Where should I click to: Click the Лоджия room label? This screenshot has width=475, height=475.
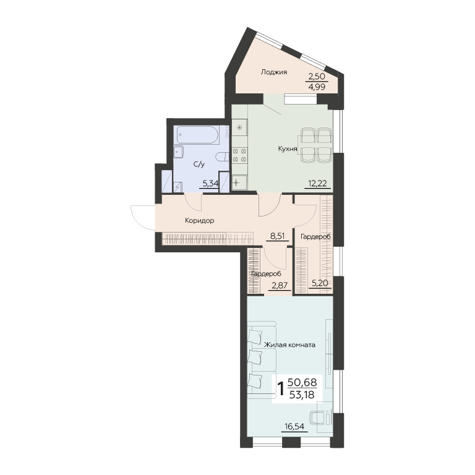click(274, 72)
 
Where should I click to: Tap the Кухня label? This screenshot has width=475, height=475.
click(288, 148)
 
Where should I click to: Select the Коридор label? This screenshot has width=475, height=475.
click(200, 221)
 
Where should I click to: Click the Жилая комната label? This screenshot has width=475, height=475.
click(289, 344)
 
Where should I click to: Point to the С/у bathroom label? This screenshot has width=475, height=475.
click(199, 165)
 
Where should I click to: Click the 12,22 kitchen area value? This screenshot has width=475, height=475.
click(317, 183)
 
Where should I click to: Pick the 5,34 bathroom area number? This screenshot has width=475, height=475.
click(210, 183)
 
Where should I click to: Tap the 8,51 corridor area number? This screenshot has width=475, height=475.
click(278, 236)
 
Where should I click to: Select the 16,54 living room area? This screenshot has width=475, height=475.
click(294, 427)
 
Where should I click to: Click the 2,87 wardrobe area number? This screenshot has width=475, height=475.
click(279, 285)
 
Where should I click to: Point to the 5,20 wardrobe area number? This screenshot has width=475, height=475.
click(320, 283)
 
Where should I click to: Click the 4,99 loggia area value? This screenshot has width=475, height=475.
click(317, 87)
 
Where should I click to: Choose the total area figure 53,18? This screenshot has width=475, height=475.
click(302, 395)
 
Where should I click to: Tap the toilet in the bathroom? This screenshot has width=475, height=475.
click(223, 157)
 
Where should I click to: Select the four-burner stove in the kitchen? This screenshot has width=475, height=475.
click(239, 155)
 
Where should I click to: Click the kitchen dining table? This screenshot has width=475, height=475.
click(315, 145)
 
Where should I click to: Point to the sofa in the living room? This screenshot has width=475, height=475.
click(262, 359)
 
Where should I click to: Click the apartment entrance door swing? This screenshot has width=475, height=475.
click(143, 217)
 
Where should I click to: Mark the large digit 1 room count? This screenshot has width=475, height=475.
click(281, 388)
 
